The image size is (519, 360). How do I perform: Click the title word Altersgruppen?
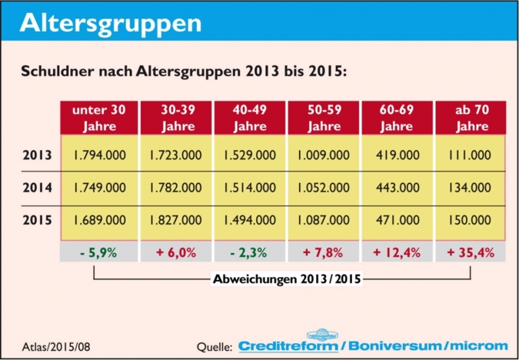111,23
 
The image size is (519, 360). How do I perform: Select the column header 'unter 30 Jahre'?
99,117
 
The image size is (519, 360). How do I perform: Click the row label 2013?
38,155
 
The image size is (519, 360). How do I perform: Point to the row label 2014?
38,187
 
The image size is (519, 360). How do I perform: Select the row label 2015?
38,219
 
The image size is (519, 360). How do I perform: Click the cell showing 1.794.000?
99,155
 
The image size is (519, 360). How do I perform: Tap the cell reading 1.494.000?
250,219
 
